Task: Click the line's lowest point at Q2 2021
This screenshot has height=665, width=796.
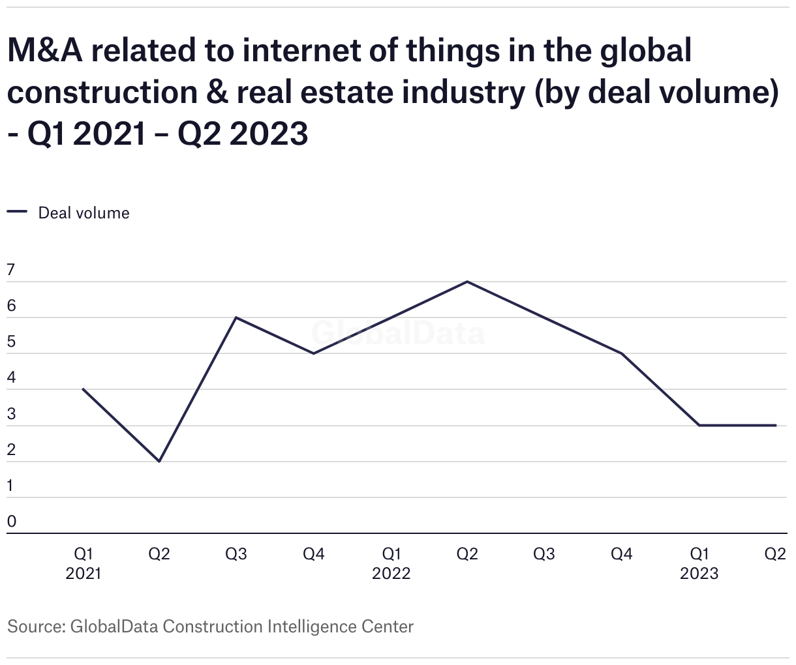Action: pyautogui.click(x=159, y=461)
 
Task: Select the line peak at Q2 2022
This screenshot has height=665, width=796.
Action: pyautogui.click(x=467, y=282)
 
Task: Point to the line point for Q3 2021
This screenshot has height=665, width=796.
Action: pyautogui.click(x=236, y=318)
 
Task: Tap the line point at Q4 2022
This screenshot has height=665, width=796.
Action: pyautogui.click(x=622, y=353)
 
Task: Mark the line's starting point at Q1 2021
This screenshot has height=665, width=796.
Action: pyautogui.click(x=83, y=389)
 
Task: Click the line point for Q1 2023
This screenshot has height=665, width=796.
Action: pyautogui.click(x=699, y=425)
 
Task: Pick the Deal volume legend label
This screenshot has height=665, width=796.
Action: pyautogui.click(x=84, y=213)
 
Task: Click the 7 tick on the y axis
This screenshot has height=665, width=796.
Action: pyautogui.click(x=11, y=270)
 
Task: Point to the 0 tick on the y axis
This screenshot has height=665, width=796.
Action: pyautogui.click(x=11, y=521)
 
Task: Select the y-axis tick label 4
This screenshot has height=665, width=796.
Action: pyautogui.click(x=11, y=377)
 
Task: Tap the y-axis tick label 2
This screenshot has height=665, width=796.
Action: pyautogui.click(x=11, y=449)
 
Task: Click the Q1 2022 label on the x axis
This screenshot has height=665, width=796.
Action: pyautogui.click(x=391, y=563)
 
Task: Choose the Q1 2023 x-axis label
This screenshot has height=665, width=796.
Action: pyautogui.click(x=699, y=563)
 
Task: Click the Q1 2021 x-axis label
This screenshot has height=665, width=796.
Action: pyautogui.click(x=83, y=563)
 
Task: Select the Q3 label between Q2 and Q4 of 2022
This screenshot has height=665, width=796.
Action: pyautogui.click(x=544, y=554)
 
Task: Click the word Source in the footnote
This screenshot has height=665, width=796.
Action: pyautogui.click(x=34, y=627)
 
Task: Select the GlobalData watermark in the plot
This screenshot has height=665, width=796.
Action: pyautogui.click(x=398, y=333)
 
